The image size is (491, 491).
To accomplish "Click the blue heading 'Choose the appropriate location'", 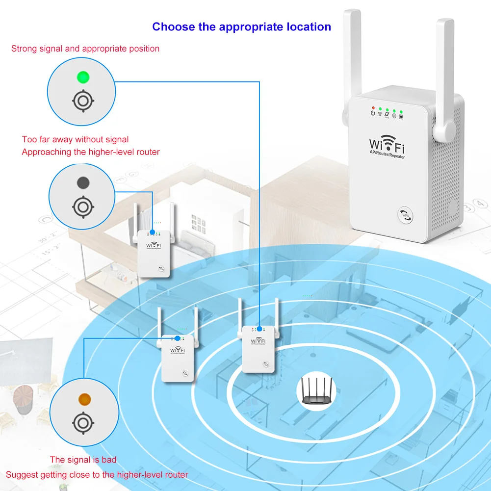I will pos(241,26).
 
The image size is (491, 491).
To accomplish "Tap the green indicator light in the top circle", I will pos(83,77).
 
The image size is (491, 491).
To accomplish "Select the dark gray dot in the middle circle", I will pos(83,183).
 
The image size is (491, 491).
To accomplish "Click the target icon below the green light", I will pos(83,101).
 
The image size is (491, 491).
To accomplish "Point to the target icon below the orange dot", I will pos(82,422).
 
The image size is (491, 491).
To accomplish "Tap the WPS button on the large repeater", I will pos(405,214).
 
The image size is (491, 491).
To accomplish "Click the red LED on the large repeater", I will pos(373,107).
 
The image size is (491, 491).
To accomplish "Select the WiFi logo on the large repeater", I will pos(387,146).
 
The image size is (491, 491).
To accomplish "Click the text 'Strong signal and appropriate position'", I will pos(85,49).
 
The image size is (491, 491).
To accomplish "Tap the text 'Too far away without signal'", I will pos(76,140).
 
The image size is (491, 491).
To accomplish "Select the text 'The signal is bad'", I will pos(83,460).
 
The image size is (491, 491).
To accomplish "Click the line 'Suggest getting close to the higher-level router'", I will pos(97,474).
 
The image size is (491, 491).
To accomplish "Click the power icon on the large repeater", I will pos(373,114).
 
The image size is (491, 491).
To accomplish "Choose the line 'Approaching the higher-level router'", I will pos(91,152).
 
